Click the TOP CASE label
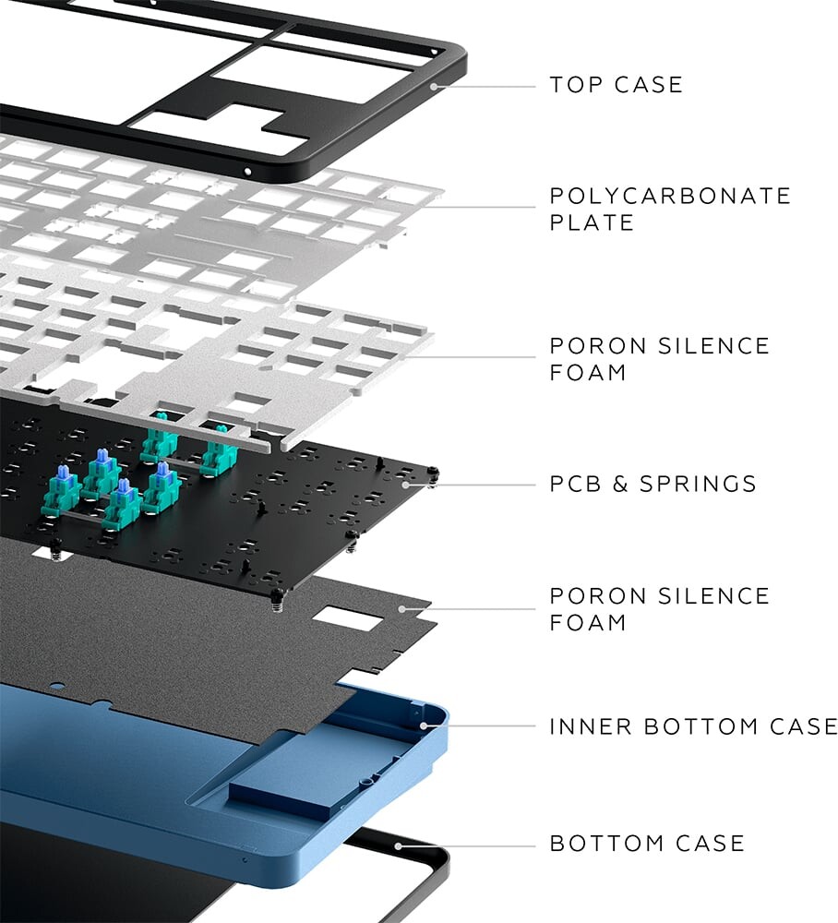coord(617,85)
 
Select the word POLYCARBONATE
coord(670,196)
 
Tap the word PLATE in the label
coord(592,222)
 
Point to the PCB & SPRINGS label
coord(652,484)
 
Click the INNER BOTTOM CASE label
coord(693,726)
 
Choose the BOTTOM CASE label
coord(647,844)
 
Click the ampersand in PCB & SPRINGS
coord(619,484)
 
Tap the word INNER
coord(591,726)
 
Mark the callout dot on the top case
coord(434,87)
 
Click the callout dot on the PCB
coord(405,485)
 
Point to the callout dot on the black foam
coord(402,608)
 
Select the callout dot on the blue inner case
coord(424,725)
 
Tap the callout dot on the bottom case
coord(399,845)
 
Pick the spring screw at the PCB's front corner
coord(275,599)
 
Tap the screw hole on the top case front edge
coord(247,172)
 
